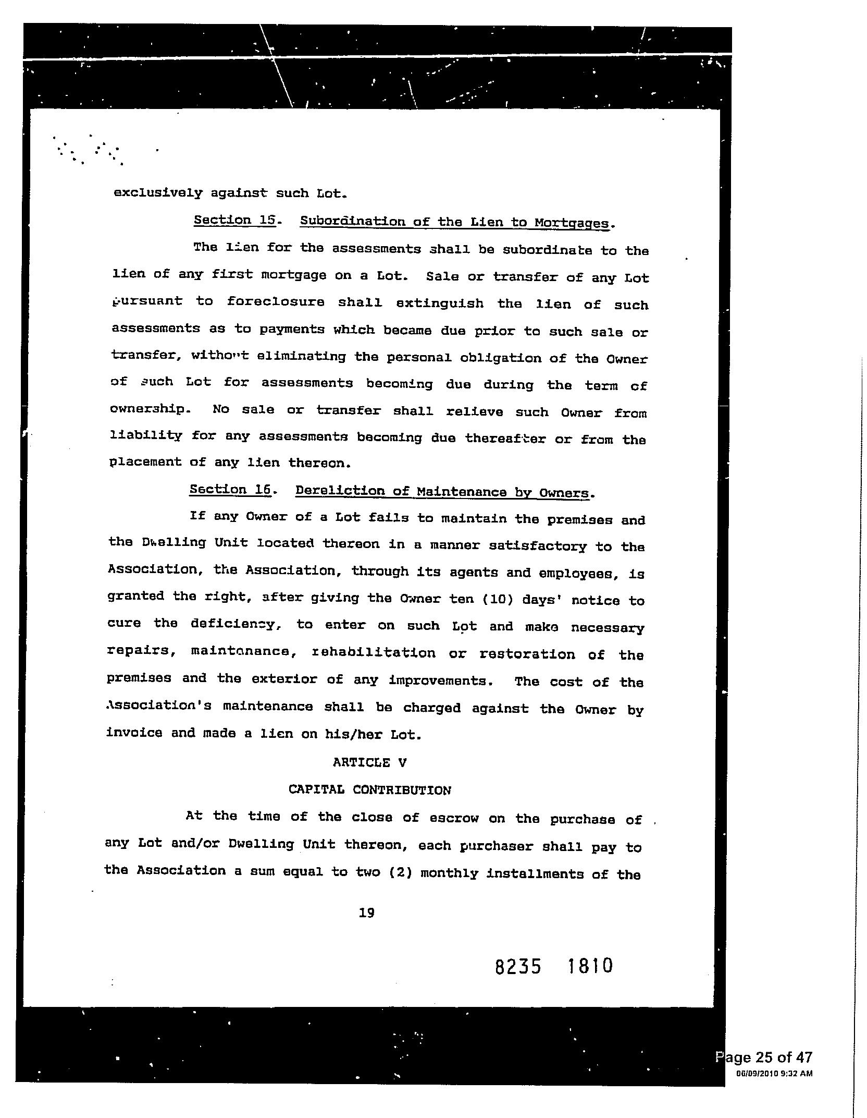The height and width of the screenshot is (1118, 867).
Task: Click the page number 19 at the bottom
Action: click(x=367, y=913)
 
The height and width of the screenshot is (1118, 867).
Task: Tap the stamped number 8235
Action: click(x=518, y=967)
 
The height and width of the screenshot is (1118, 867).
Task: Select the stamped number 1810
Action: click(x=589, y=966)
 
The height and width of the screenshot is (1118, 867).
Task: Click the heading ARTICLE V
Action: click(x=369, y=763)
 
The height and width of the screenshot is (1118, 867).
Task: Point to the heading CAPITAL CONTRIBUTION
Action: click(x=370, y=790)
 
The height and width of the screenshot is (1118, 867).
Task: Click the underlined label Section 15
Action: click(x=235, y=220)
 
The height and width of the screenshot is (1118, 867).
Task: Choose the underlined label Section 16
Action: click(x=231, y=490)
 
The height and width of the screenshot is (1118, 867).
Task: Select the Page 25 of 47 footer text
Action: click(x=765, y=1058)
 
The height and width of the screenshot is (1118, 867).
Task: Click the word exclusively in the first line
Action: click(x=158, y=193)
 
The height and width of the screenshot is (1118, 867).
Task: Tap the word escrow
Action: click(x=454, y=818)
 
